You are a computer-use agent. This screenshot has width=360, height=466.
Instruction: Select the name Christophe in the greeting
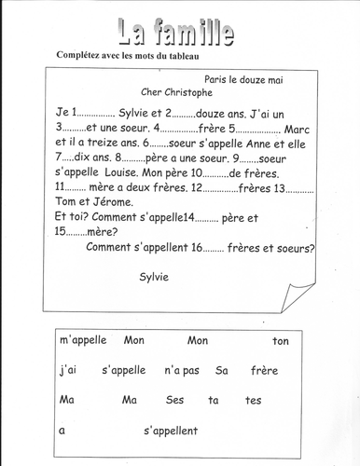pos(190,93)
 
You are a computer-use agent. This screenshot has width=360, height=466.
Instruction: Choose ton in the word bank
pos(281,341)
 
